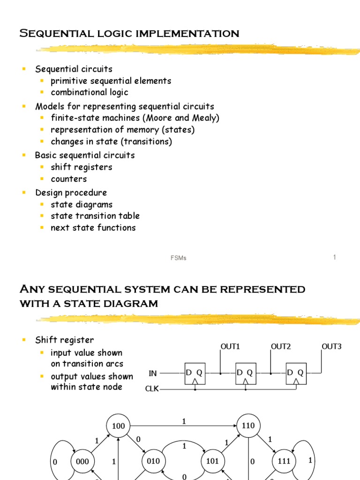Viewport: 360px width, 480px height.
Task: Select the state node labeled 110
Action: (x=248, y=426)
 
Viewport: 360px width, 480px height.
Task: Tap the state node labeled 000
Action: (x=82, y=461)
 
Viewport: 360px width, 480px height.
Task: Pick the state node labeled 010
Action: (x=153, y=461)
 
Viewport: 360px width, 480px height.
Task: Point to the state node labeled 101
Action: (x=212, y=461)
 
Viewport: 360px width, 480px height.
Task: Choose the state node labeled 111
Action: (x=284, y=461)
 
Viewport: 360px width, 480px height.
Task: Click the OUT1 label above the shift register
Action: (x=230, y=347)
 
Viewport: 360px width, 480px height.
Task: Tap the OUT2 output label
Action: (x=281, y=347)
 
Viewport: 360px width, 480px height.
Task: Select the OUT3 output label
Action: (x=331, y=347)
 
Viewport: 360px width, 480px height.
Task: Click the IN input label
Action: (x=153, y=373)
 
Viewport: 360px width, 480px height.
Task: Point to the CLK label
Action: (x=152, y=389)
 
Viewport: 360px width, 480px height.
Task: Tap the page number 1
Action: (x=335, y=257)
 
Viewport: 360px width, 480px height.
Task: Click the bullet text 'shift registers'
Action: (x=82, y=167)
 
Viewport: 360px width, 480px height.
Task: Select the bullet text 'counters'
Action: (x=69, y=179)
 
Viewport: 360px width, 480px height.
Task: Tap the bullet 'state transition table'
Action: (x=95, y=216)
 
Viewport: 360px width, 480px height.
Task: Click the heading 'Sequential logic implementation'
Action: (x=129, y=34)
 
